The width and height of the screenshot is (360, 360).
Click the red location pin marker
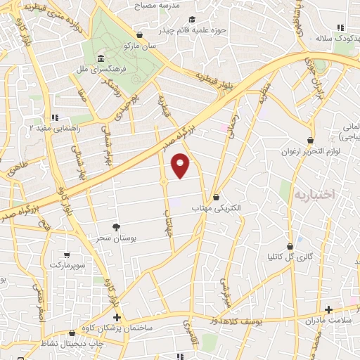[181, 165]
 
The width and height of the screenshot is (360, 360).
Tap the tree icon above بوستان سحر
[116, 226]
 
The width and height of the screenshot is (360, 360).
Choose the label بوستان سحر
[116, 239]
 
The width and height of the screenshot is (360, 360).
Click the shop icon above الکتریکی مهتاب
[216, 197]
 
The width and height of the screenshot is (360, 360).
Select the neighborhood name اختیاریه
[312, 193]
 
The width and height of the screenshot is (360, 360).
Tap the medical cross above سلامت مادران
[328, 309]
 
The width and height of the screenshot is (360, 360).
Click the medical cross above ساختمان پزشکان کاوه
[117, 318]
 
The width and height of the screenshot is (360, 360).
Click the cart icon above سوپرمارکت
[66, 255]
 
